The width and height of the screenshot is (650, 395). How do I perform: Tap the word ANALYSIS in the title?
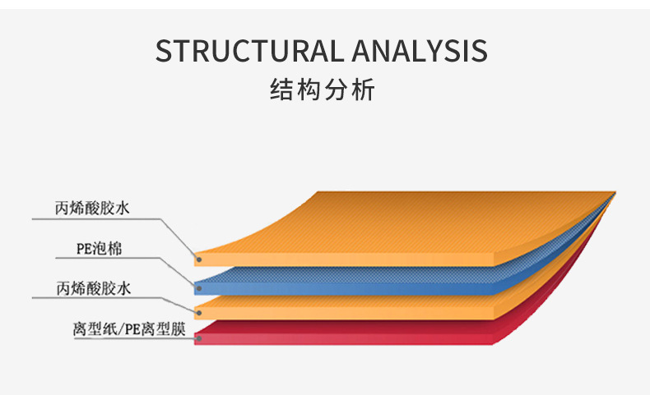(420, 51)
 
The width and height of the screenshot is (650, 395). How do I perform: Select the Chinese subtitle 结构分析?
(323, 90)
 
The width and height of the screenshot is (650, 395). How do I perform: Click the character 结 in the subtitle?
(282, 90)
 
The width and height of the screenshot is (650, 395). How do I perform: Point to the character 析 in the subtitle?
(363, 90)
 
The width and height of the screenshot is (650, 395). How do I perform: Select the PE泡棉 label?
(99, 249)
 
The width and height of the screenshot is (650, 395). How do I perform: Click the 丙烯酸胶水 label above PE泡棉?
(92, 208)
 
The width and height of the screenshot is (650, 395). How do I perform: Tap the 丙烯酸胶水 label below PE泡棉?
(94, 288)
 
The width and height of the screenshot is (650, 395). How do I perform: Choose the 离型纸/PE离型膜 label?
(129, 329)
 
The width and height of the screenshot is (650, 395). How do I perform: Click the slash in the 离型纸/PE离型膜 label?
(122, 329)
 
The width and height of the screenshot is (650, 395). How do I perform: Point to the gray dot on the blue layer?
(199, 288)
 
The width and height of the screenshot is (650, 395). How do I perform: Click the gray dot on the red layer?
(199, 339)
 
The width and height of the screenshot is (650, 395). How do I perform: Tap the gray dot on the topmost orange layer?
(199, 260)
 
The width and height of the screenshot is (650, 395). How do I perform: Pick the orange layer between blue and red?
(344, 308)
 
